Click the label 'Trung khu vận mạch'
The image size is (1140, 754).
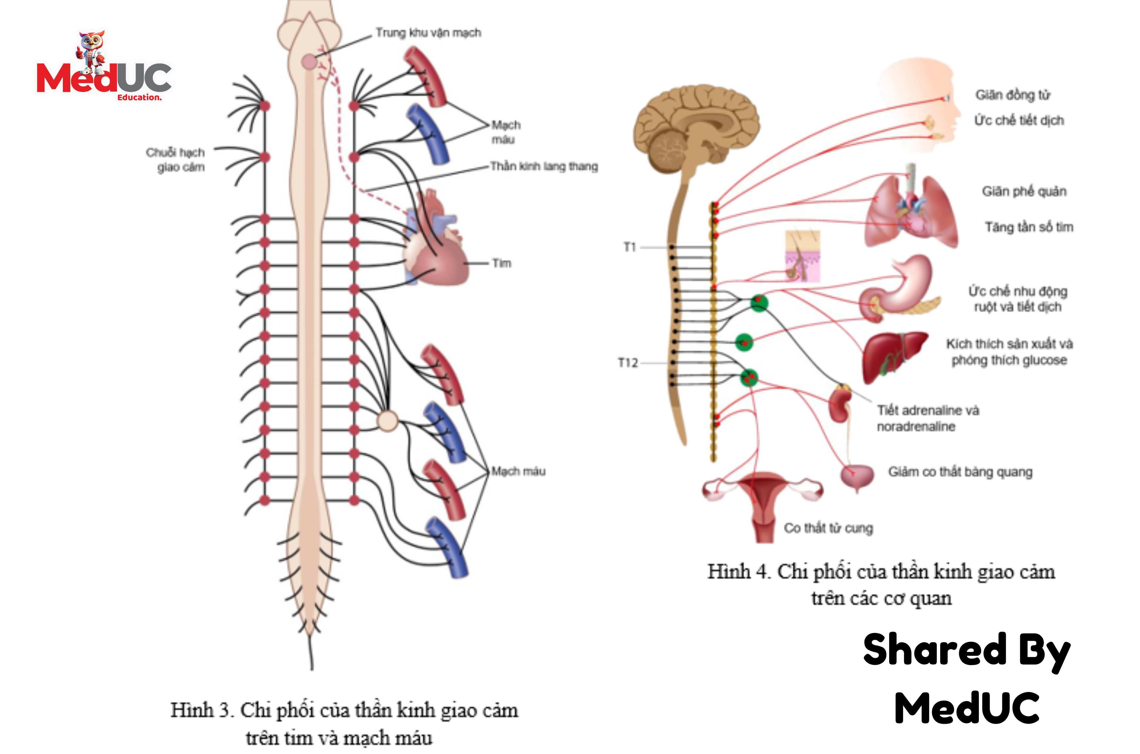(428, 33)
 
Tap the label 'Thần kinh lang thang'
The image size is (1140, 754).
(544, 167)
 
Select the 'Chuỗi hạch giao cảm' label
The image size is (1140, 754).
(176, 160)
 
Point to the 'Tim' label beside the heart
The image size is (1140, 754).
(502, 264)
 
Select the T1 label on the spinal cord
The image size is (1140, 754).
(629, 247)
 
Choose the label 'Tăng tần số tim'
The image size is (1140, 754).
(1029, 227)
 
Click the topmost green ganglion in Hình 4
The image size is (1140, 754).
(759, 303)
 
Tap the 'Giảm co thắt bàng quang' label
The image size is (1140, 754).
(960, 472)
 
